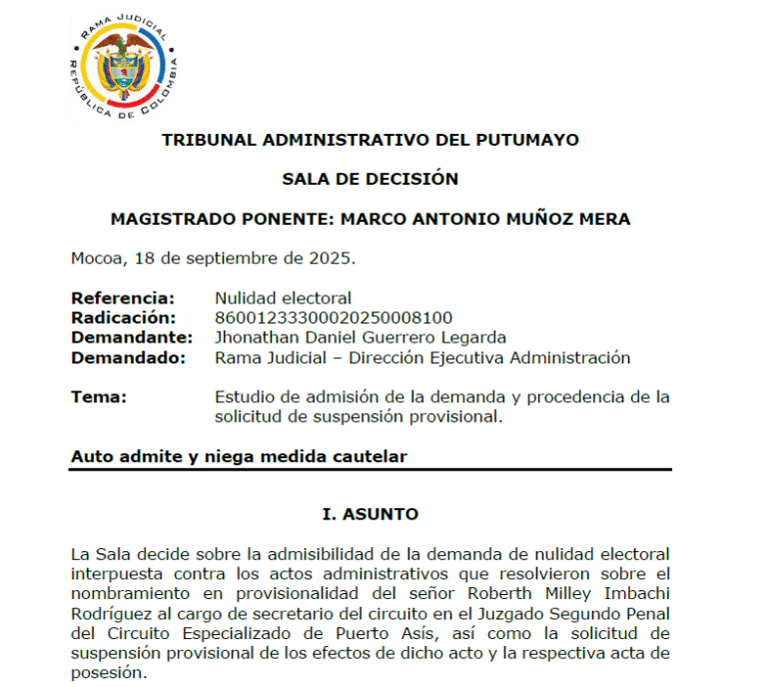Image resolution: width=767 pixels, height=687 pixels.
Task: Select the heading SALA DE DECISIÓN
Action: tap(370, 180)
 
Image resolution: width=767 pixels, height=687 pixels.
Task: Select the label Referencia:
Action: tap(122, 298)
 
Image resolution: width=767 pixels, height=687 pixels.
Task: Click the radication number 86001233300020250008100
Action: tap(334, 318)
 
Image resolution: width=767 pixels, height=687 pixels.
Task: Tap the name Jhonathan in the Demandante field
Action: tap(255, 338)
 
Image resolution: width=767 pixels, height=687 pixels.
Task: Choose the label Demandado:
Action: tap(128, 357)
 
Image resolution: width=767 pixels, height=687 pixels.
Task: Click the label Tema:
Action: tap(98, 396)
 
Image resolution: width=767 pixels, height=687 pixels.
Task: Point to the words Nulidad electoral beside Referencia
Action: tap(283, 298)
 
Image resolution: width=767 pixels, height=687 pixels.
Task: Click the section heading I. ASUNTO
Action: tap(370, 515)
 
